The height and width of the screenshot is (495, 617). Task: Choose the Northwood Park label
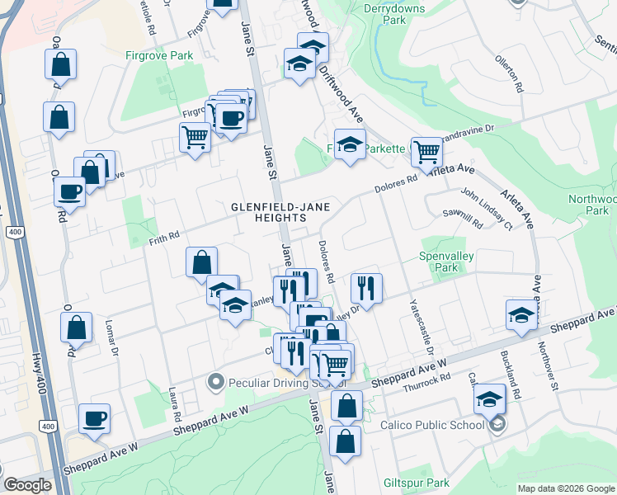pos(592,205)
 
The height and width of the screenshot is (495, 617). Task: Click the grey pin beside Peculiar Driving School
pos(216,382)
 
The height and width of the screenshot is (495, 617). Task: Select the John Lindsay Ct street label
pos(487,209)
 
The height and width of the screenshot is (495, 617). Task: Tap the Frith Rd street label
pos(164,237)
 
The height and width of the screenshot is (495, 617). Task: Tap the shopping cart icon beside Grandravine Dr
pos(426,150)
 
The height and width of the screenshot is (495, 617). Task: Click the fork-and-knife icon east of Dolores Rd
pos(365,288)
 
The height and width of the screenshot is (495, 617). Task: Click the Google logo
pos(27,485)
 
